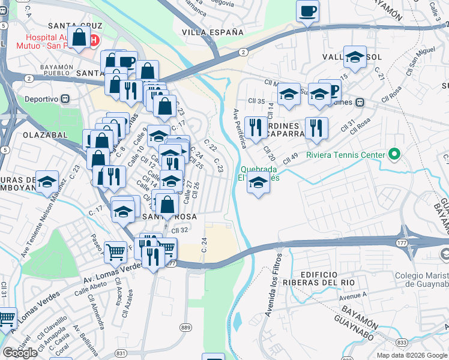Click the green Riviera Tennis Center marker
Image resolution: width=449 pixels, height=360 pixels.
(x=394, y=155)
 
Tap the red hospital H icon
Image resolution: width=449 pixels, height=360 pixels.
(x=94, y=40)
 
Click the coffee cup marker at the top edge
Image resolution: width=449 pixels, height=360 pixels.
(x=307, y=11)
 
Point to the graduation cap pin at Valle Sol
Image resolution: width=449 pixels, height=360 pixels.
(x=355, y=57)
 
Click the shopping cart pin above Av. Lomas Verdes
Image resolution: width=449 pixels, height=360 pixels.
(x=115, y=250)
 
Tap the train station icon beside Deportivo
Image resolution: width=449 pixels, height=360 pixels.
(x=66, y=98)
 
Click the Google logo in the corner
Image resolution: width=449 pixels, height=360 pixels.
(x=20, y=353)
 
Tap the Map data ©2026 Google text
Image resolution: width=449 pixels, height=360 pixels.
(x=412, y=355)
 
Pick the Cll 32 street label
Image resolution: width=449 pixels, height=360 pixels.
(x=180, y=230)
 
